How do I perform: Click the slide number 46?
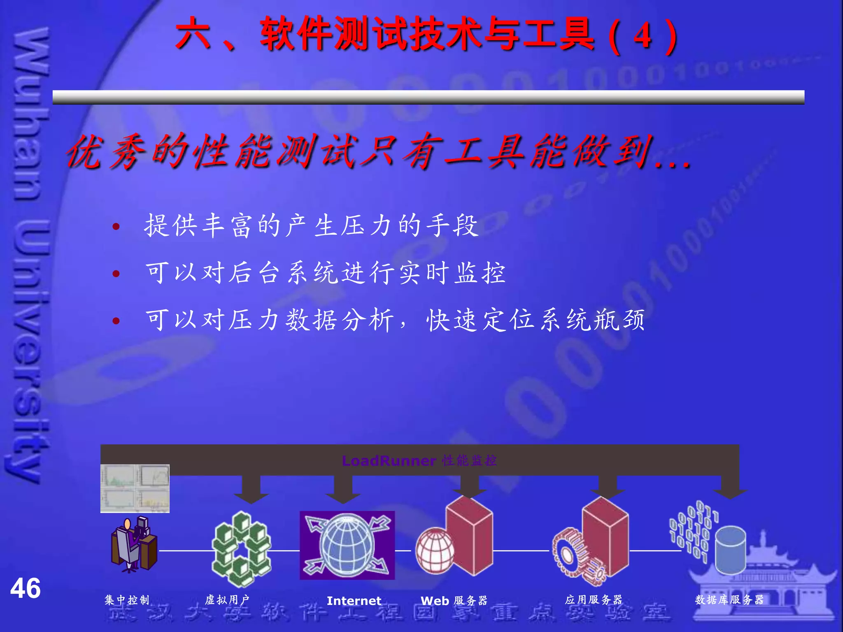coord(26,588)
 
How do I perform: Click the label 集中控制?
coord(127,600)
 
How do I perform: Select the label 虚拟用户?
coord(227,600)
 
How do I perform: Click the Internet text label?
coord(354,601)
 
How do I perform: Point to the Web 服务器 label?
coord(454,601)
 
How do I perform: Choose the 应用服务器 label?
coord(594,600)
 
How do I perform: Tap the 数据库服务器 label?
coord(729,600)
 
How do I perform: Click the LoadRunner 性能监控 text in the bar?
coord(419,460)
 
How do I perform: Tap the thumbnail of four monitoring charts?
coord(135,488)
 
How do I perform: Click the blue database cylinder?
coord(730,550)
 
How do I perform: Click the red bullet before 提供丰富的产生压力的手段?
coord(116,226)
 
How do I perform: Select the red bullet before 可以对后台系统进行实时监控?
coord(116,274)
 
